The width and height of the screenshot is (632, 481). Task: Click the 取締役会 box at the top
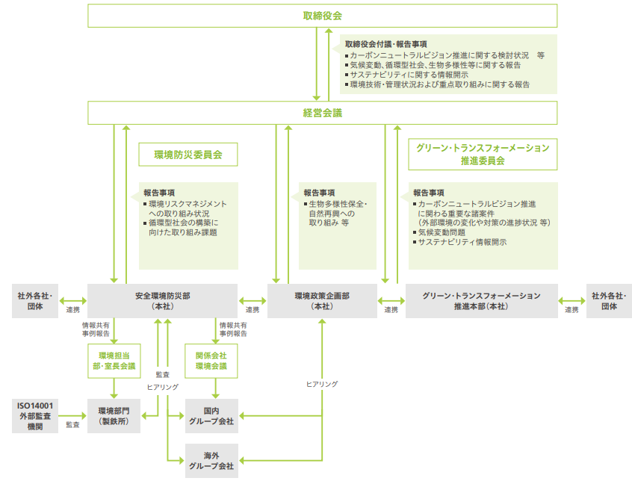(x=322, y=16)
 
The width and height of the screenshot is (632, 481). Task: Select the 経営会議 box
(x=322, y=113)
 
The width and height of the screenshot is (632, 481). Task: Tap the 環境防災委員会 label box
(x=188, y=155)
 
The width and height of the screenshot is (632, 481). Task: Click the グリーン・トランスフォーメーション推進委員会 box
(x=483, y=154)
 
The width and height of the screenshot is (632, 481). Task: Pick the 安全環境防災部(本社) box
(x=162, y=301)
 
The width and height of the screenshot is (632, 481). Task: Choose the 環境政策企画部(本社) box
(x=322, y=301)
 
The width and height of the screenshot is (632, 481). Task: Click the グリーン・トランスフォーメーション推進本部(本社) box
(x=482, y=301)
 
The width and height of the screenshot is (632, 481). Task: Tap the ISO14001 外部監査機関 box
(x=34, y=416)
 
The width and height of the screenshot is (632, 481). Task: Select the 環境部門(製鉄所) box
(x=114, y=416)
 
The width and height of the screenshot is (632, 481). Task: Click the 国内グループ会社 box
(x=211, y=416)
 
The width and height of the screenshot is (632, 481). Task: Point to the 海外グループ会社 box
(x=211, y=460)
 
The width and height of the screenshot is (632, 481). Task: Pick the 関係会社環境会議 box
(x=211, y=361)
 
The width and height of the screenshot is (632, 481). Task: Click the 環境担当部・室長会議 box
(x=114, y=361)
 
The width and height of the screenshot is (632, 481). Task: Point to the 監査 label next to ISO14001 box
(x=72, y=424)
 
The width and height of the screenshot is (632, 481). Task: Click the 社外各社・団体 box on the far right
(x=609, y=301)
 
